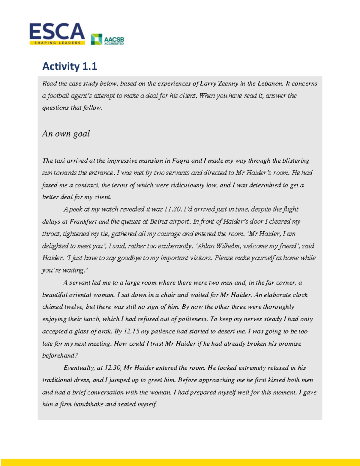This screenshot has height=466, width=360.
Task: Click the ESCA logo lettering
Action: [x=57, y=31]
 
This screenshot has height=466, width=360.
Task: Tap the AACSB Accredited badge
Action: [x=107, y=39]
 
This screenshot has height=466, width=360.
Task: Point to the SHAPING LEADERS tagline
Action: [x=57, y=43]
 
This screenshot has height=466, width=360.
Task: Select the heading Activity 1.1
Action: [x=70, y=66]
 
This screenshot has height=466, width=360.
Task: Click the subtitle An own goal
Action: [x=66, y=134]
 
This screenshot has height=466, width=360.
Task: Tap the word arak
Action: [x=105, y=331]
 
